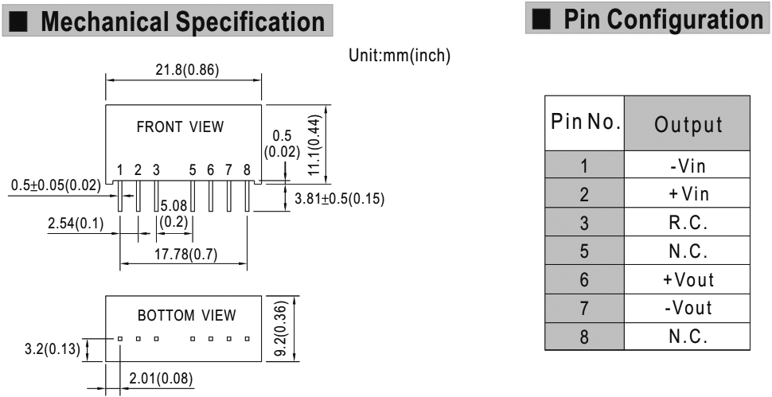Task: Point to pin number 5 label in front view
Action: pos(193,169)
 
